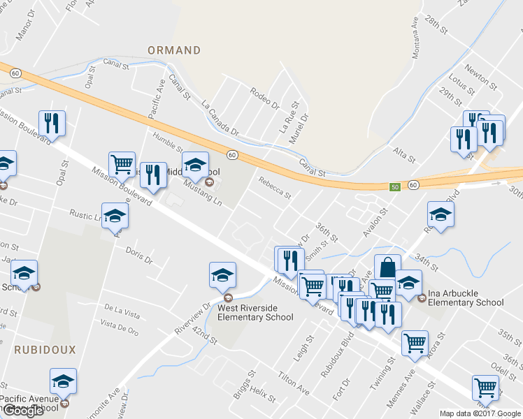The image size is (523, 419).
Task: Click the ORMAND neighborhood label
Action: (x=174, y=50)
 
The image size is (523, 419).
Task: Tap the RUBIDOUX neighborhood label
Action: (x=44, y=348)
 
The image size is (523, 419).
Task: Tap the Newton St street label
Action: (x=482, y=78)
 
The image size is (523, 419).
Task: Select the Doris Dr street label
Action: (x=138, y=256)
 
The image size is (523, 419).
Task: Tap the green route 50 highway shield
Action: (x=395, y=186)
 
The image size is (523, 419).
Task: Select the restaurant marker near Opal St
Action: (x=52, y=124)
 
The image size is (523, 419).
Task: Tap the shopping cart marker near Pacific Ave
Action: (x=122, y=164)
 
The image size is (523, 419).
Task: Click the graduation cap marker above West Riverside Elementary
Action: (x=222, y=274)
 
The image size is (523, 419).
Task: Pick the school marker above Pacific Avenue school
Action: (x=63, y=381)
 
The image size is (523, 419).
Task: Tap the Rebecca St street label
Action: (x=274, y=186)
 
